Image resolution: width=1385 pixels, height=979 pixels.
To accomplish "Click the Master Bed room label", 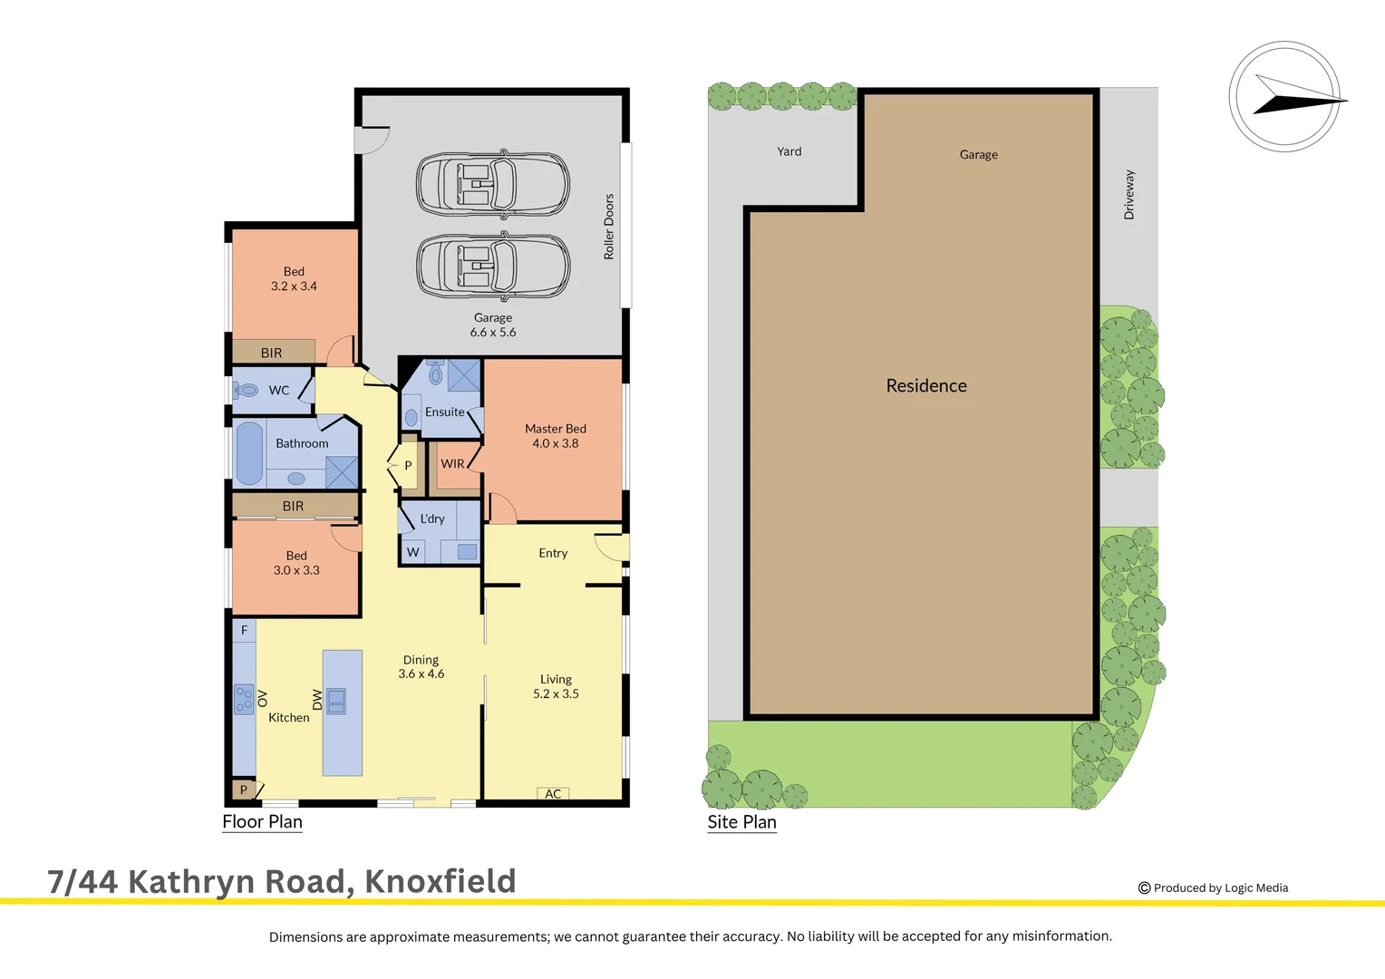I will pyautogui.click(x=555, y=436).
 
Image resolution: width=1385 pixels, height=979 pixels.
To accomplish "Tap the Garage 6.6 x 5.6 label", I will pyautogui.click(x=492, y=325).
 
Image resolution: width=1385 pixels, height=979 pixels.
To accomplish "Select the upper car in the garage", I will pyautogui.click(x=492, y=184).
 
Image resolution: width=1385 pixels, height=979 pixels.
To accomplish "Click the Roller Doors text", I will pyautogui.click(x=609, y=227).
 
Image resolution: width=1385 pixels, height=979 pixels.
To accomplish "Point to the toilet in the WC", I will pyautogui.click(x=246, y=391).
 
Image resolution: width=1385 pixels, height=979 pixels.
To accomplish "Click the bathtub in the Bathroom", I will pyautogui.click(x=249, y=453).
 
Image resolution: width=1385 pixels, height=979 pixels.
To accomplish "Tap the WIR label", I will pyautogui.click(x=452, y=464).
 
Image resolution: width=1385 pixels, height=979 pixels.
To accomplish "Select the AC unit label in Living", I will pyautogui.click(x=553, y=794).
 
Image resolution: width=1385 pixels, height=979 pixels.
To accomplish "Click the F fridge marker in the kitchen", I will pyautogui.click(x=244, y=630).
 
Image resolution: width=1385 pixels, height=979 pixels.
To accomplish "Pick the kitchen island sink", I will pyautogui.click(x=336, y=701).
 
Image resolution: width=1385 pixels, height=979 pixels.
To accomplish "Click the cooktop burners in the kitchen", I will pyautogui.click(x=244, y=699).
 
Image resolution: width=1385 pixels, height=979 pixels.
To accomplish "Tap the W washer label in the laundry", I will pyautogui.click(x=413, y=552).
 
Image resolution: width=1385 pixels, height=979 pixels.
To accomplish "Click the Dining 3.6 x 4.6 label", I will pyautogui.click(x=421, y=667).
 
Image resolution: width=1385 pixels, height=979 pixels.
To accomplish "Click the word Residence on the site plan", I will pyautogui.click(x=926, y=386).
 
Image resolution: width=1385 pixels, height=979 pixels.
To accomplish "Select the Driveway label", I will pyautogui.click(x=1129, y=195).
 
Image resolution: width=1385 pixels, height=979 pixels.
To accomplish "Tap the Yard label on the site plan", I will pyautogui.click(x=789, y=151).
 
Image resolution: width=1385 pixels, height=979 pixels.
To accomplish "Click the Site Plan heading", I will pyautogui.click(x=741, y=822).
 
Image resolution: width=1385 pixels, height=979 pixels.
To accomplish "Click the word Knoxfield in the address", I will pyautogui.click(x=441, y=881).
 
